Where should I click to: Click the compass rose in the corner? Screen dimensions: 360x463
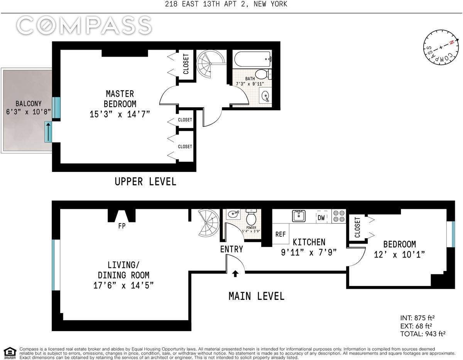click(x=441, y=48)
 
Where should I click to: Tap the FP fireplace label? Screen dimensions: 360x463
click(x=122, y=226)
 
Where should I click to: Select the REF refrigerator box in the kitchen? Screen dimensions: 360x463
click(x=281, y=234)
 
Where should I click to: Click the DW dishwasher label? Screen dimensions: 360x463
click(x=321, y=217)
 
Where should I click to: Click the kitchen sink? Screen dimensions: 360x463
click(x=299, y=216)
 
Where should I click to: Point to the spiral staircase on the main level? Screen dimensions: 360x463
click(x=208, y=223)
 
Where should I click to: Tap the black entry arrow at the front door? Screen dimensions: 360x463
click(x=235, y=274)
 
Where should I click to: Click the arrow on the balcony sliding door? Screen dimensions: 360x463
click(x=48, y=132)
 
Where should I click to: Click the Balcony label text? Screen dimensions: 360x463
click(x=29, y=103)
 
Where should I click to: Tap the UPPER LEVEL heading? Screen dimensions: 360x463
click(x=145, y=182)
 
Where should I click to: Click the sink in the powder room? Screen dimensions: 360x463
click(x=233, y=214)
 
